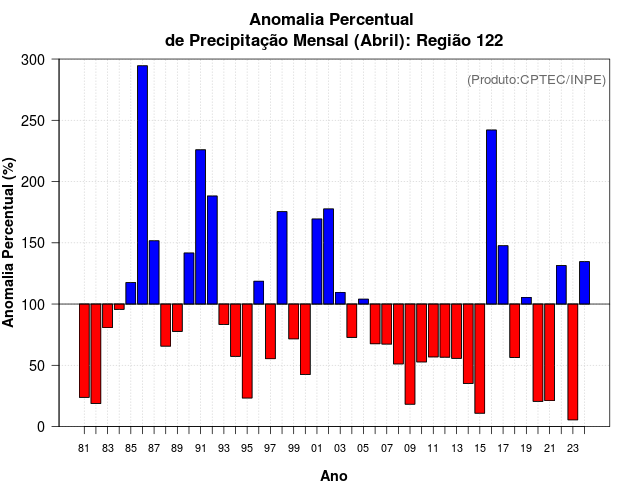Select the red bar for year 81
[x=84, y=350]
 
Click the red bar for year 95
[x=247, y=350]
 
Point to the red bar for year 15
[x=480, y=358]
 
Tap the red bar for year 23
[x=573, y=361]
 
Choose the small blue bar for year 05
[x=363, y=301]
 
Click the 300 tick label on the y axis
[x=34, y=60]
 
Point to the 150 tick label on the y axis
[x=34, y=243]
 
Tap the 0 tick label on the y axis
[x=41, y=426]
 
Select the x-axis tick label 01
[x=317, y=449]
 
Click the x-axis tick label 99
[x=293, y=449]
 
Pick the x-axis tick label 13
[x=457, y=449]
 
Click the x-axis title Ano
[x=333, y=476]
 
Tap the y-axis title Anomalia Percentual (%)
[x=9, y=242]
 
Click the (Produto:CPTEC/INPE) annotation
[x=536, y=80]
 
